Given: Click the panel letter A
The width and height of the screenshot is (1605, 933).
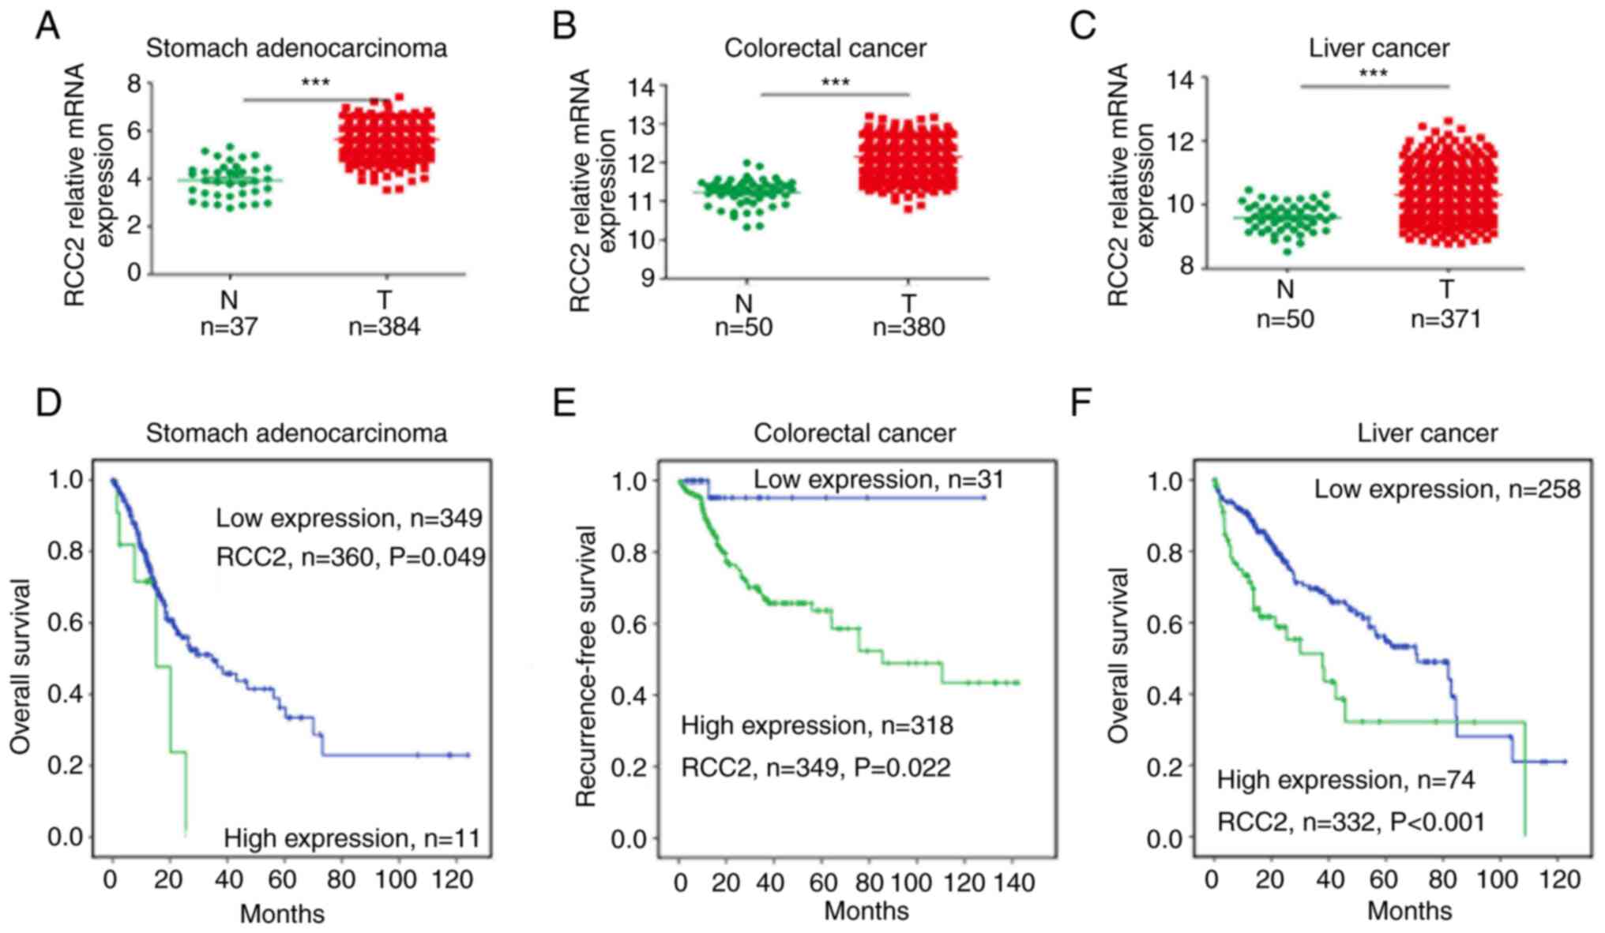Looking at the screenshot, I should [x=47, y=26].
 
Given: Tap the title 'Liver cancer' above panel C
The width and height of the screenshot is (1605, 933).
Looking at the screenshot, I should [x=1378, y=48].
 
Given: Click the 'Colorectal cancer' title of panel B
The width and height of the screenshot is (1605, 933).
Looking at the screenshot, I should [x=825, y=48].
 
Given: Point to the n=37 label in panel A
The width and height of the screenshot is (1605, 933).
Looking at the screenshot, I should [x=228, y=326].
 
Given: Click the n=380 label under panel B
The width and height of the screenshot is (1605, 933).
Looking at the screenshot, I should [x=908, y=327].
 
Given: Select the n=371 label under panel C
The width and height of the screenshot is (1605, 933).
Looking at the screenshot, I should [x=1445, y=319].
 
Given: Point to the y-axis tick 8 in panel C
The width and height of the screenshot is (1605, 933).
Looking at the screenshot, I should [x=1186, y=267].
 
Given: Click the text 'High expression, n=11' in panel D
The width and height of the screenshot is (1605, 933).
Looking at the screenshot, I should [x=352, y=837].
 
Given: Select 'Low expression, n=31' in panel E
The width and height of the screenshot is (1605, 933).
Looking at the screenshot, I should [x=878, y=479].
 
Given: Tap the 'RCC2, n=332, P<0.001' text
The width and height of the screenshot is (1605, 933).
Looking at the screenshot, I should [x=1351, y=822].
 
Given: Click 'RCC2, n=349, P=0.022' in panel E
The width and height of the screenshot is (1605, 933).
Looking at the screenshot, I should [x=816, y=766].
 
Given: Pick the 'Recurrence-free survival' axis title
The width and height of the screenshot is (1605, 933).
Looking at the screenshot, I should [x=585, y=666].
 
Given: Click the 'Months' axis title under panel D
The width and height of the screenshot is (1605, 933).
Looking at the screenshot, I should [x=282, y=913].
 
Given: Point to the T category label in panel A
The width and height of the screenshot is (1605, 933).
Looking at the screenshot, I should [x=385, y=300].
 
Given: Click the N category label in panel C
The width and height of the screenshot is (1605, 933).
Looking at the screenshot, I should [x=1285, y=290].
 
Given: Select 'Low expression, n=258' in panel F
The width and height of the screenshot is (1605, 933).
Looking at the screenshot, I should [x=1447, y=489].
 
